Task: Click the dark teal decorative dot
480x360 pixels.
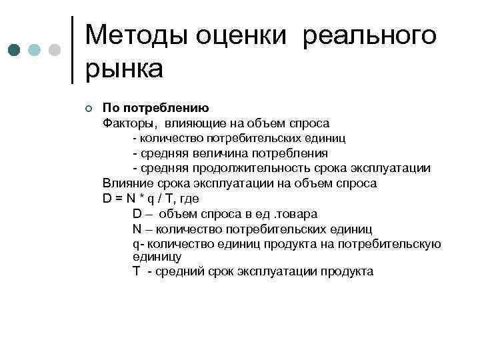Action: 14,51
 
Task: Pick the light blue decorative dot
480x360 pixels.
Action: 35,51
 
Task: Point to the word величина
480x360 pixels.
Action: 217,153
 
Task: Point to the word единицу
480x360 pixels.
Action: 157,256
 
